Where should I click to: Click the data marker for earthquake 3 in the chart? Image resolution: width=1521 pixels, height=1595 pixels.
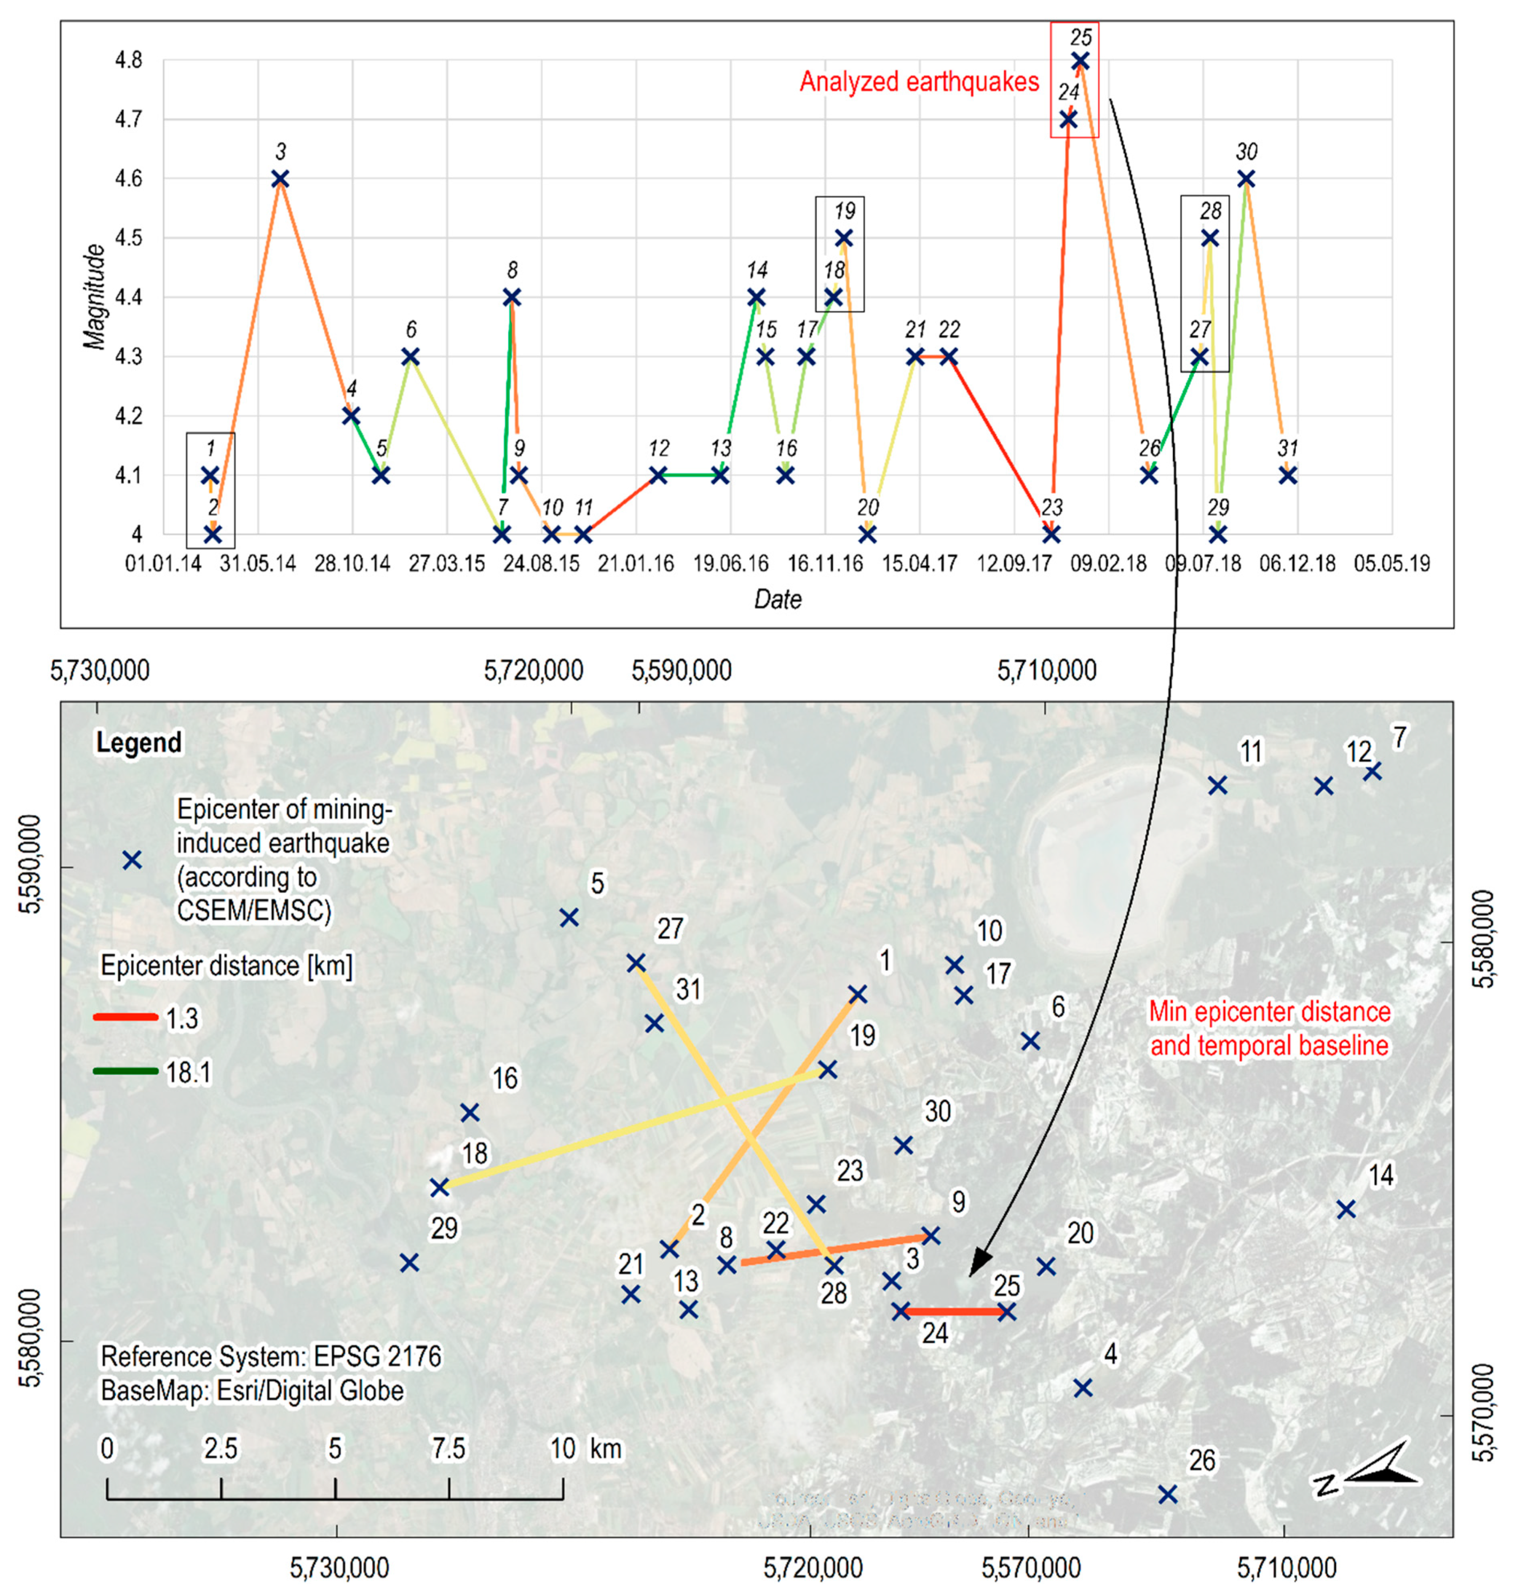pyautogui.click(x=280, y=178)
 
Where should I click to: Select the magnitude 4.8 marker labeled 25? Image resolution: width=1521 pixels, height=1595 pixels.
pyautogui.click(x=1080, y=61)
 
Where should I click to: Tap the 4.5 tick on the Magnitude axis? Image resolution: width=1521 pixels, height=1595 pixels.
pyautogui.click(x=127, y=238)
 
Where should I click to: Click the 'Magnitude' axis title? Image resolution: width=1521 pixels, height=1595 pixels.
pyautogui.click(x=96, y=297)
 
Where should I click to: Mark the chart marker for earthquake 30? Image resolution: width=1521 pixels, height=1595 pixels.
pyautogui.click(x=1247, y=178)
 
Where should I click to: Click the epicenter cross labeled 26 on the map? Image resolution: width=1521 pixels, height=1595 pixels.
pyautogui.click(x=1167, y=1494)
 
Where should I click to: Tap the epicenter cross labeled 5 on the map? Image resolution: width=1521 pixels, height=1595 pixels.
pyautogui.click(x=569, y=917)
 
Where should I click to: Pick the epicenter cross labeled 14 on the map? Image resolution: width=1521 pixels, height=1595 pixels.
pyautogui.click(x=1346, y=1210)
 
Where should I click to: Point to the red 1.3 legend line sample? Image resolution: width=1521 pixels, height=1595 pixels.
pyautogui.click(x=126, y=1017)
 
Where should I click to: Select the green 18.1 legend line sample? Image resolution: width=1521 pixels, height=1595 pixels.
pyautogui.click(x=126, y=1071)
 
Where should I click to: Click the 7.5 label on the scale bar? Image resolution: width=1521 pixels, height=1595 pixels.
pyautogui.click(x=448, y=1448)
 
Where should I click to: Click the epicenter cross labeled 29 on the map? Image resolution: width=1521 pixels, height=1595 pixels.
pyautogui.click(x=409, y=1263)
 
